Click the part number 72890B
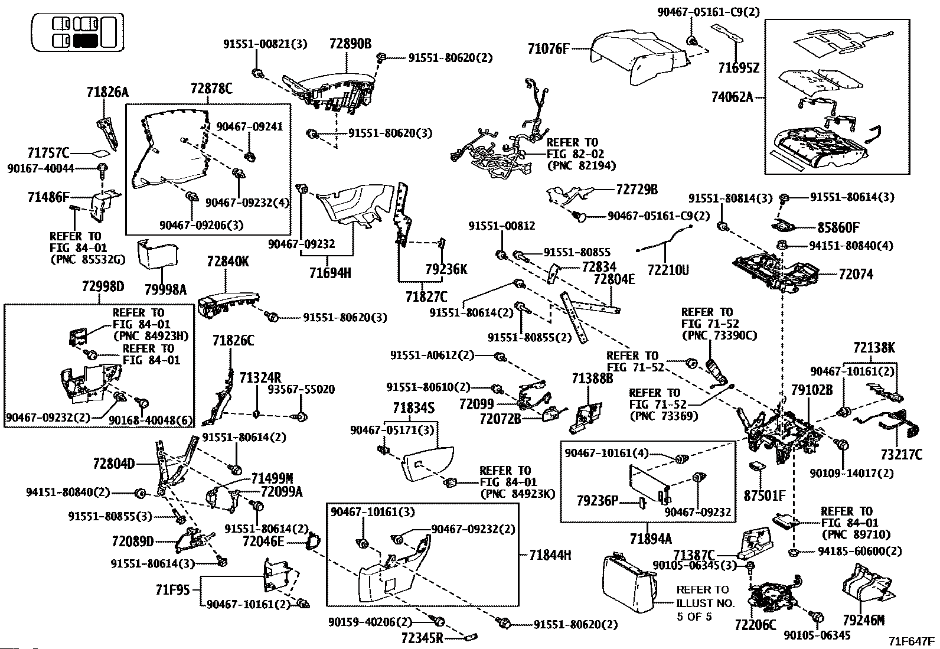[350, 44]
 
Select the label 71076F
[549, 49]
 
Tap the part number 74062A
[732, 97]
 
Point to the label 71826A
[107, 92]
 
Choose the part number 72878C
[211, 89]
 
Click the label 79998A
[165, 289]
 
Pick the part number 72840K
[227, 262]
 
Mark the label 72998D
[103, 286]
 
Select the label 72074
[856, 274]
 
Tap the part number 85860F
[838, 227]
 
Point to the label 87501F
[765, 495]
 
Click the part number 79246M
[863, 620]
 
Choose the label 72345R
[422, 638]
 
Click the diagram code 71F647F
[913, 641]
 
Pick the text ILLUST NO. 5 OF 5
[705, 604]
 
